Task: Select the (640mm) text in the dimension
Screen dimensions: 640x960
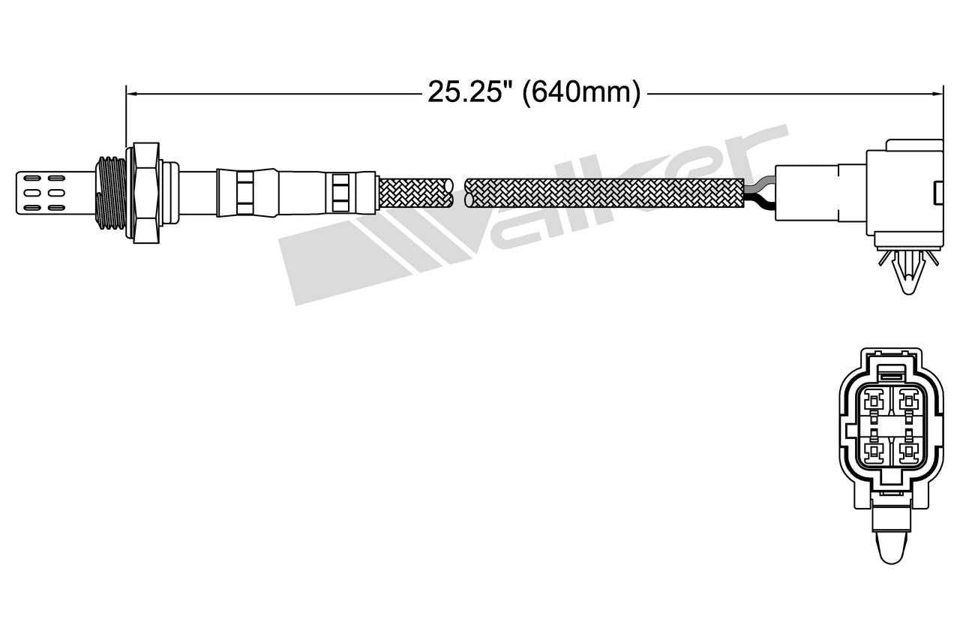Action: [581, 93]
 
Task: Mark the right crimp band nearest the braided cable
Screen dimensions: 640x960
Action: [340, 192]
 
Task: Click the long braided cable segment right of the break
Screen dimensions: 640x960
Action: [604, 192]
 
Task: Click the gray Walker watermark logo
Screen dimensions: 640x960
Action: [525, 218]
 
